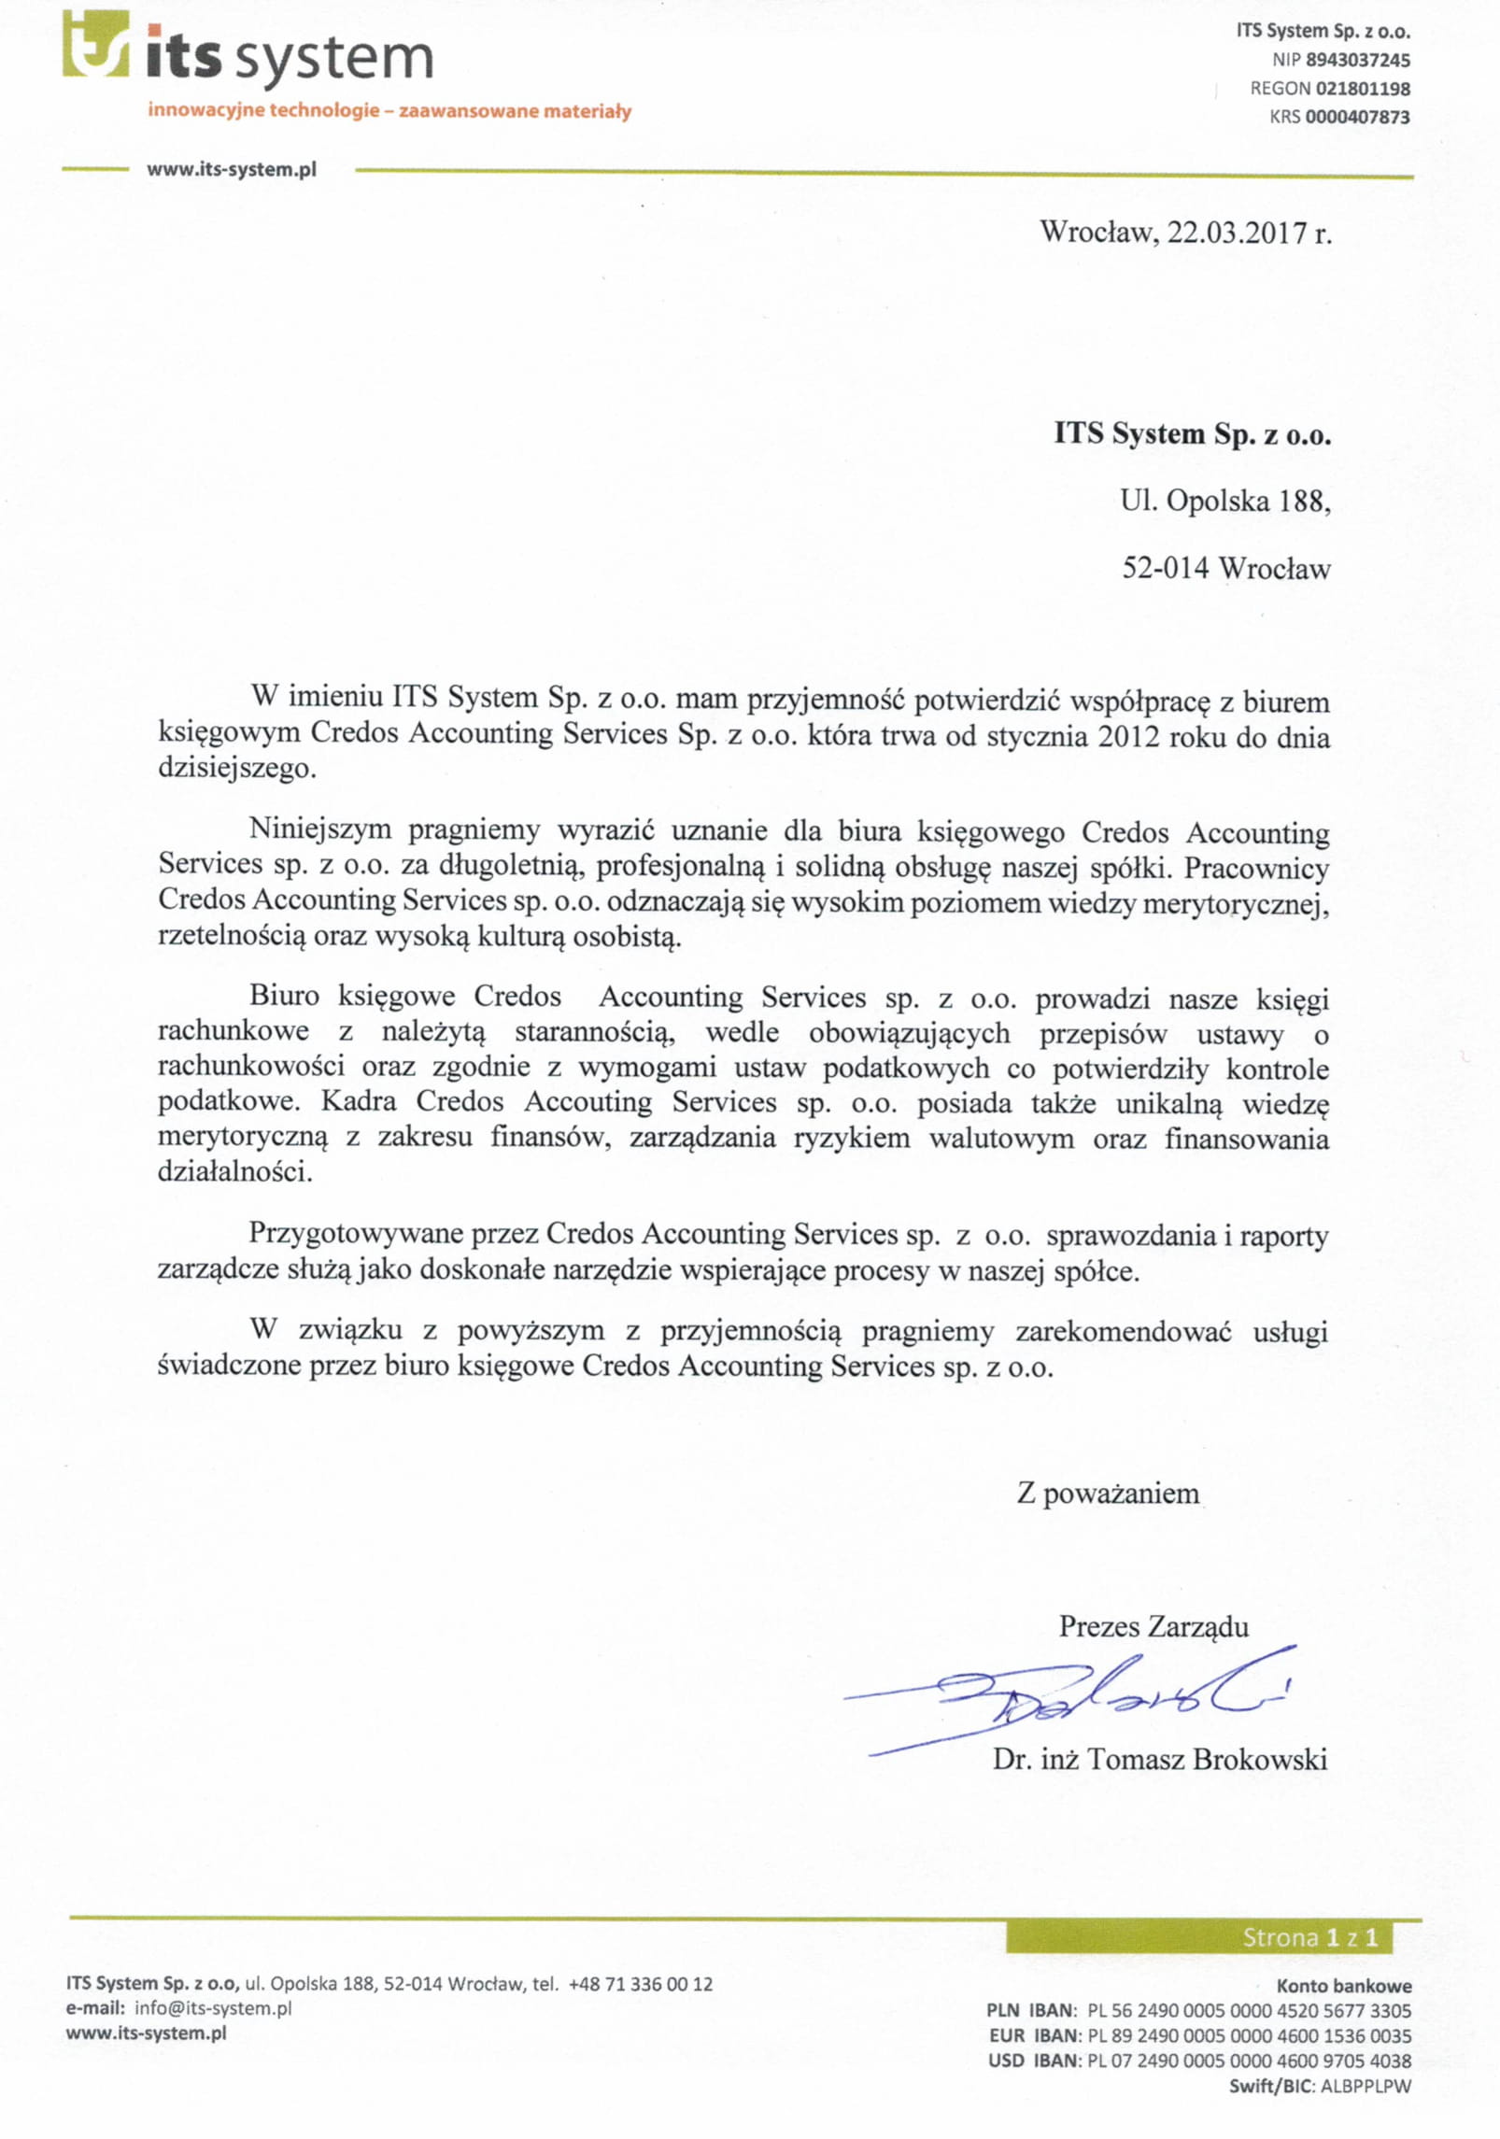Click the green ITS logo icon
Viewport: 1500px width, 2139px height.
tap(95, 44)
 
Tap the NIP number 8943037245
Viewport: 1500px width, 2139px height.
tap(1357, 61)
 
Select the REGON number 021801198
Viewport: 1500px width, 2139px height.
tap(1363, 89)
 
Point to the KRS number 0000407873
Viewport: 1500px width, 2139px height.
tap(1357, 118)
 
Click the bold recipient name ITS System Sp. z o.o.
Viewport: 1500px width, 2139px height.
tap(1192, 434)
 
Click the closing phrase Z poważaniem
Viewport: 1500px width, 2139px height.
tap(1108, 1494)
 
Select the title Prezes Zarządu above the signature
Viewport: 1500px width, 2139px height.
tap(1153, 1627)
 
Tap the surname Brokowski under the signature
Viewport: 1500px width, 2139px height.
tap(1259, 1760)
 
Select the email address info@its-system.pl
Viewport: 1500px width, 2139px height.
tap(213, 2008)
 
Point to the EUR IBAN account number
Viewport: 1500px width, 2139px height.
tap(1249, 2035)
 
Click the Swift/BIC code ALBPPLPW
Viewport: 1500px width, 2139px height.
tap(1365, 2086)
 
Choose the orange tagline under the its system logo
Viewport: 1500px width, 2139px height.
tap(389, 111)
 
